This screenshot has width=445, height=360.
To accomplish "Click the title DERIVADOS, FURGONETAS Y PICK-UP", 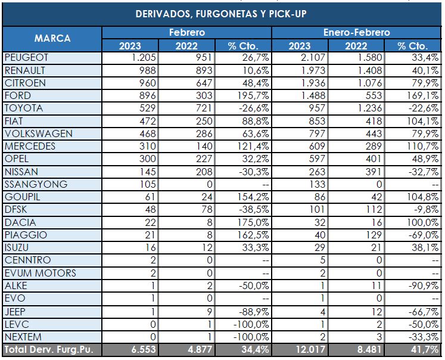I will [x=221, y=14].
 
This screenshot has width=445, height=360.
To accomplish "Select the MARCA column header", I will [x=52, y=38].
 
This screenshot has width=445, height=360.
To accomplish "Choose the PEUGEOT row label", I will [x=26, y=58].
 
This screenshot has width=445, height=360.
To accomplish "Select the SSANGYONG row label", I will [x=35, y=184].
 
